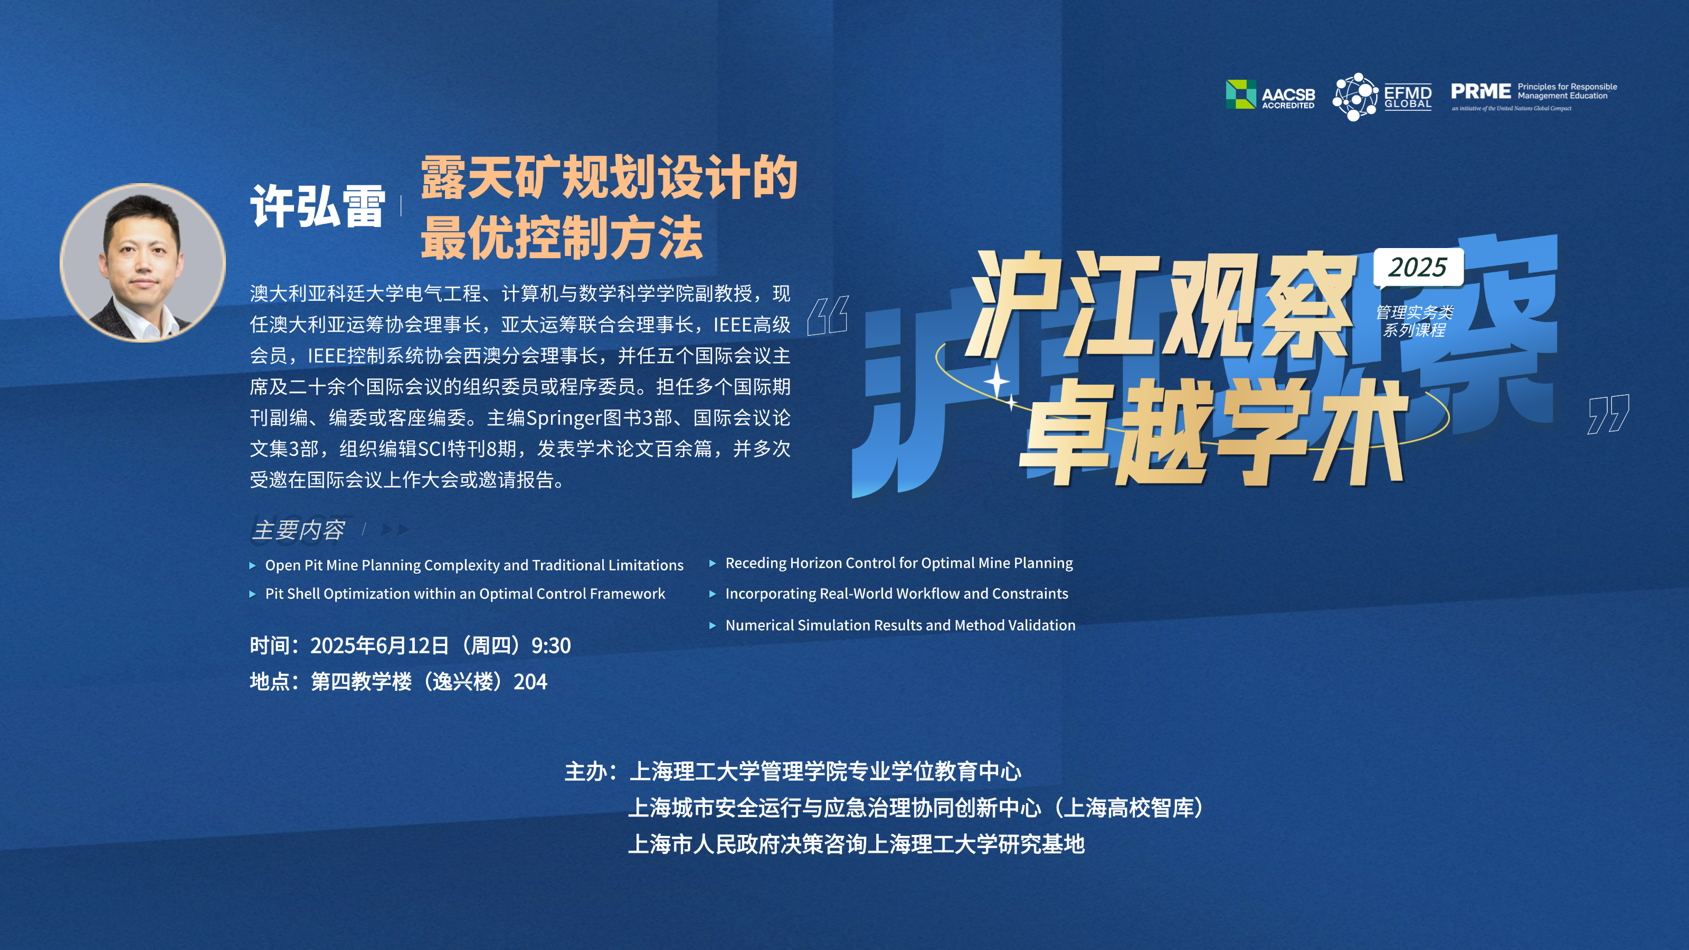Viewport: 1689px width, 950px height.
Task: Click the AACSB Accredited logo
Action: tap(1270, 94)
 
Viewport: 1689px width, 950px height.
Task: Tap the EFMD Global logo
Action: tap(1382, 97)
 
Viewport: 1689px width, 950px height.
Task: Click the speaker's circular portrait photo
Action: tap(143, 262)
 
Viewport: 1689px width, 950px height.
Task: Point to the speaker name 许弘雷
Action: tap(318, 206)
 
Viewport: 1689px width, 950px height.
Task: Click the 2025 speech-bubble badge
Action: tap(1418, 268)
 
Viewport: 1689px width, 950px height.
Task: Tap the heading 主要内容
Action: tap(298, 530)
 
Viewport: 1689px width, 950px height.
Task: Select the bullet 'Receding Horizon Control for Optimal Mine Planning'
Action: tap(899, 563)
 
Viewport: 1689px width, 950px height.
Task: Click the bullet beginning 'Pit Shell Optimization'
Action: tap(465, 593)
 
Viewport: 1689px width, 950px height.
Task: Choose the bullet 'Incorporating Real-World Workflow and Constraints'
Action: tap(896, 593)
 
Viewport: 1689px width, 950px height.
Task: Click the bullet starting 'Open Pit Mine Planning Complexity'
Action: tap(474, 565)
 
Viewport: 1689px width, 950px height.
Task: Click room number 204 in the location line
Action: tap(530, 682)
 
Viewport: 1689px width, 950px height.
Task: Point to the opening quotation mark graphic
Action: tap(828, 316)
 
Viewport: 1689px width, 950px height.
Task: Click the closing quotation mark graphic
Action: tap(1608, 414)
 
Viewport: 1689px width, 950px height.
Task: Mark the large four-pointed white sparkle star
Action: tap(997, 381)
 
